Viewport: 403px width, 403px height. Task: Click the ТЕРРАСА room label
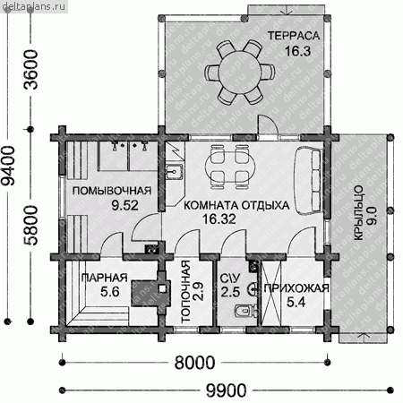[294, 36]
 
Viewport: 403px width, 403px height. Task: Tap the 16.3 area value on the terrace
[297, 51]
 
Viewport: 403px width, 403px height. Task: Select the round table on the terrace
[239, 73]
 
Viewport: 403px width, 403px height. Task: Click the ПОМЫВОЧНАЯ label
[112, 191]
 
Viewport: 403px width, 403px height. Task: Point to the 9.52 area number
[124, 205]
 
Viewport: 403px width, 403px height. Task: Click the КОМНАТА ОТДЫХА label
[236, 205]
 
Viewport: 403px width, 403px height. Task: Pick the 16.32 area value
[219, 219]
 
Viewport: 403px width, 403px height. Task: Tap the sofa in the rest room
[309, 180]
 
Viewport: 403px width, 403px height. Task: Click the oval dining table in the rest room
[230, 167]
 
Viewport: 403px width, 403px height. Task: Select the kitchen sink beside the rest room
[174, 172]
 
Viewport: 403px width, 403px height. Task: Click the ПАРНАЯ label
[104, 278]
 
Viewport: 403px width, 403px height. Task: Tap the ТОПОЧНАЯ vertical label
[186, 292]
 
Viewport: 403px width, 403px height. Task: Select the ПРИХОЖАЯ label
[296, 288]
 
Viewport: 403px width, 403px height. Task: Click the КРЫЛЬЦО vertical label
[358, 213]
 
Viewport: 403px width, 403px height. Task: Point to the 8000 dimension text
[194, 363]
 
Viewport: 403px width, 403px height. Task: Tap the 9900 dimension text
[227, 390]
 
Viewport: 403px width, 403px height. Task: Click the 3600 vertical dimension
[30, 70]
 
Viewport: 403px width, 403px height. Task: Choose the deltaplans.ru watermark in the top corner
[34, 6]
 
